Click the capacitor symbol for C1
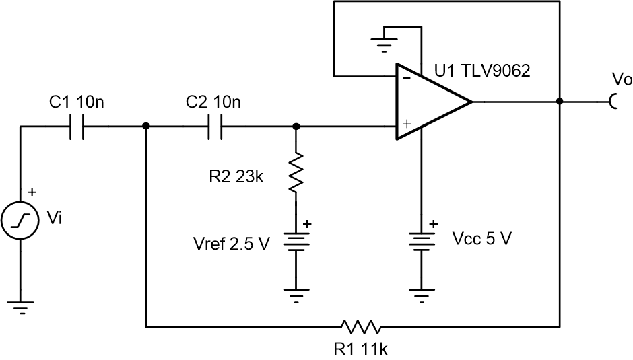pos(78,126)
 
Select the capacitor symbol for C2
pos(215,126)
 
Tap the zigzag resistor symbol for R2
pos(296,171)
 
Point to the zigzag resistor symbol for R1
pos(362,328)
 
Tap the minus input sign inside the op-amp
pos(406,78)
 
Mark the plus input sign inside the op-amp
pos(406,125)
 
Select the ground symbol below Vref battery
pos(296,293)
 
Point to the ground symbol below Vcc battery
pos(422,293)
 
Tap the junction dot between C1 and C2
pos(146,126)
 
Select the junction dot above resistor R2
pos(296,126)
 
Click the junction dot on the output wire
pos(560,102)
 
